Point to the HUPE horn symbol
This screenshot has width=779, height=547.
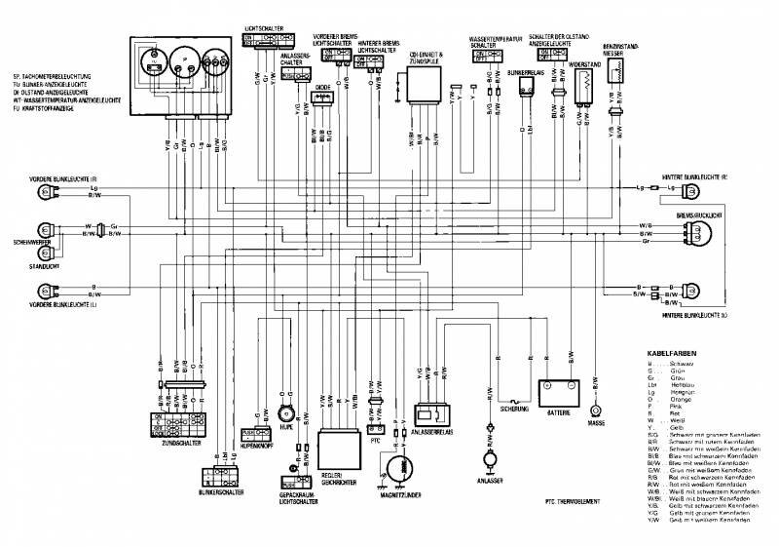tap(285, 410)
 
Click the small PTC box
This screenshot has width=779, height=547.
tap(376, 428)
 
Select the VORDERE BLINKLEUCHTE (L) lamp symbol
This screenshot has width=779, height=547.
tap(43, 290)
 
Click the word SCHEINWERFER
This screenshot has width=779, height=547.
tap(31, 241)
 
